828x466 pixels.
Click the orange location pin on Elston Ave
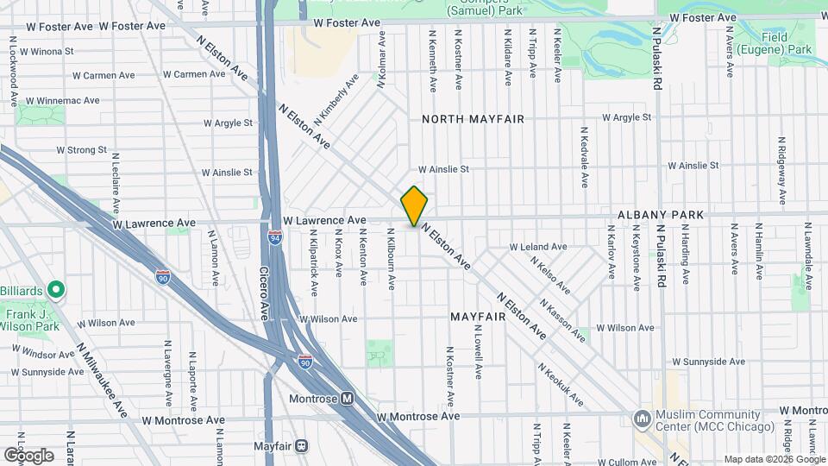click(414, 205)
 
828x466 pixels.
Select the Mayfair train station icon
click(302, 446)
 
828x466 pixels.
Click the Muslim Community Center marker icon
click(643, 419)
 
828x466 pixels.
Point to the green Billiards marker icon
click(56, 288)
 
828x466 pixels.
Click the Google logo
click(28, 454)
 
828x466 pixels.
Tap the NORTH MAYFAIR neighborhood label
click(473, 118)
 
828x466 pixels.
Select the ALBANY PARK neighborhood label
click(661, 214)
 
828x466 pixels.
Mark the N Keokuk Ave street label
click(560, 385)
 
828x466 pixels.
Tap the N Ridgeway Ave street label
click(781, 163)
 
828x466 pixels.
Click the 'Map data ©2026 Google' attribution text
click(774, 459)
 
